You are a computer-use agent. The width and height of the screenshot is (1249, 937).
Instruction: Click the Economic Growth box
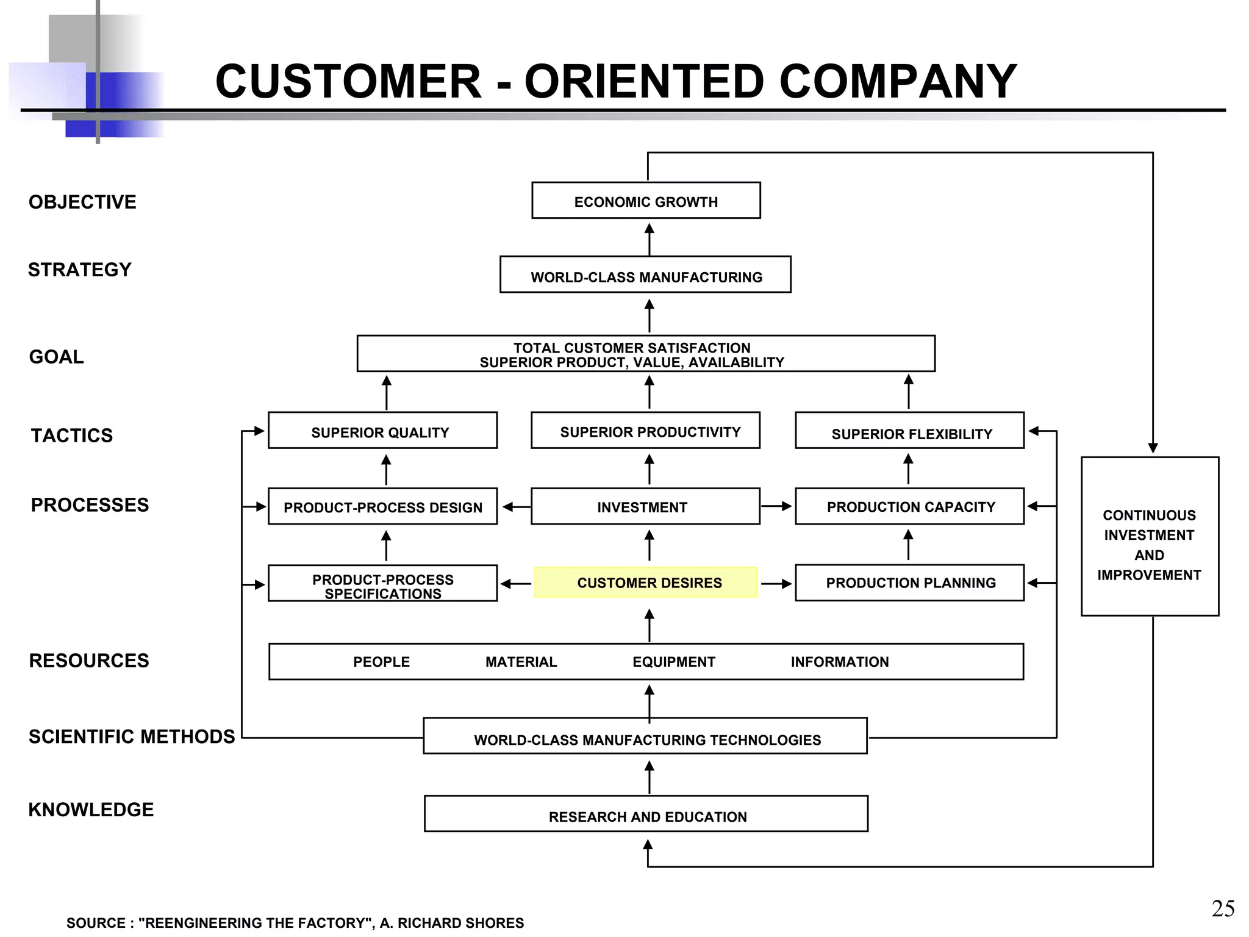646,201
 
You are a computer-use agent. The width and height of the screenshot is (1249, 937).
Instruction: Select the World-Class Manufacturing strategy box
645,275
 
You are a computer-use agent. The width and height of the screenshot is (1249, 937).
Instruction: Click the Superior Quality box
382,431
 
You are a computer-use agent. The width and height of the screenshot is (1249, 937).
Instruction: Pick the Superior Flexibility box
909,431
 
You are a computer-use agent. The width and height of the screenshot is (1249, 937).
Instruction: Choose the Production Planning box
909,583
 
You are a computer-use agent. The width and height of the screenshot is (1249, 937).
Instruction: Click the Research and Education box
646,814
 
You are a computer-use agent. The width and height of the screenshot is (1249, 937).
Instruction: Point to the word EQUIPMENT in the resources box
673,662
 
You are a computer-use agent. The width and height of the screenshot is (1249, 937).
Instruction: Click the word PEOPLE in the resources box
381,662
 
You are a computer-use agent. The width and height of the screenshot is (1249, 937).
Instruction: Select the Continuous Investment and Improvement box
1150,537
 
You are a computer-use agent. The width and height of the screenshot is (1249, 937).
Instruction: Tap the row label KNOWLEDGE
91,810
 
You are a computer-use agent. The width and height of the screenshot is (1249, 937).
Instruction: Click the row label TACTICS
72,436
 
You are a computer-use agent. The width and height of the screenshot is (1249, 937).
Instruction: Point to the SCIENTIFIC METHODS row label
132,736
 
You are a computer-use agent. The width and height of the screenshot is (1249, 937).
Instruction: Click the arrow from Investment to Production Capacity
776,506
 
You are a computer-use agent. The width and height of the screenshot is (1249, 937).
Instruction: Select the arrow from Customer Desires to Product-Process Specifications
516,584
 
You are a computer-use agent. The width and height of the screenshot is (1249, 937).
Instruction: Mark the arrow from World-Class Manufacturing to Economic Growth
650,239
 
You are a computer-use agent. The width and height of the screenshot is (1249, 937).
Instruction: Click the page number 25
1223,909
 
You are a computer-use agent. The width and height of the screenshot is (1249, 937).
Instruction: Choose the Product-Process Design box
382,506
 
